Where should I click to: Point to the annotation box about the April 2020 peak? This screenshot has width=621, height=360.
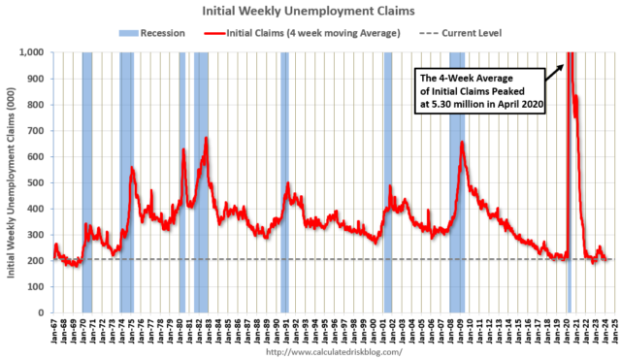[x=477, y=88]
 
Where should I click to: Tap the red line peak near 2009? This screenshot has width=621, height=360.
[x=462, y=143]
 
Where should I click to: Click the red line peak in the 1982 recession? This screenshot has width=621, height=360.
[x=206, y=139]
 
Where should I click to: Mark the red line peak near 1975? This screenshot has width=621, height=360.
[x=132, y=168]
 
